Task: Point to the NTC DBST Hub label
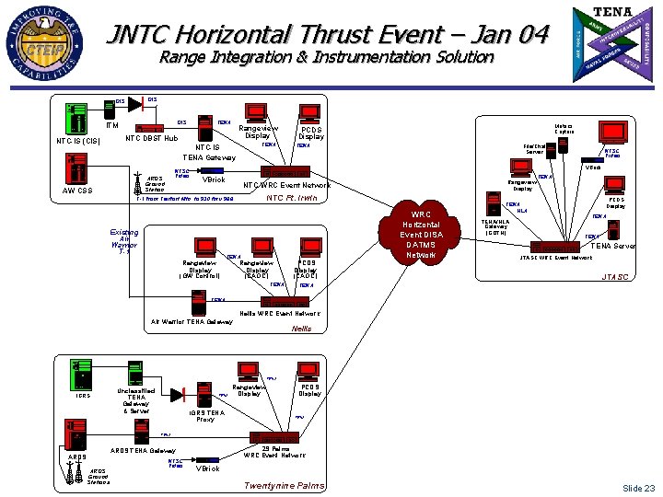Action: (x=151, y=140)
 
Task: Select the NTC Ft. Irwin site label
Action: (x=293, y=198)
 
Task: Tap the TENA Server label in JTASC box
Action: (x=612, y=246)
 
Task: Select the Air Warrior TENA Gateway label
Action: (x=192, y=321)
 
